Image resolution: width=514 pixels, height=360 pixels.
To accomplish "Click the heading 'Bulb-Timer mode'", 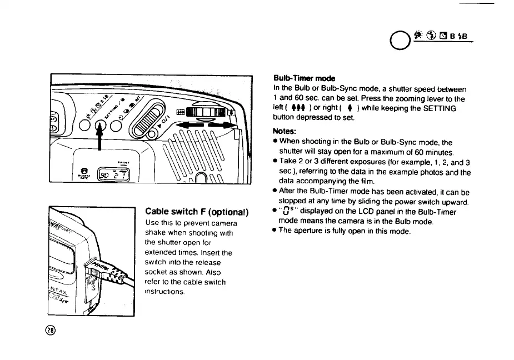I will [304, 78].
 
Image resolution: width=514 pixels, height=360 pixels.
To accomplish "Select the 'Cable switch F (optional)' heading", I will [196, 212].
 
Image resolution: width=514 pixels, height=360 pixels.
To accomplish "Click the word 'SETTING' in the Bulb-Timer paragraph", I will [438, 108].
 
